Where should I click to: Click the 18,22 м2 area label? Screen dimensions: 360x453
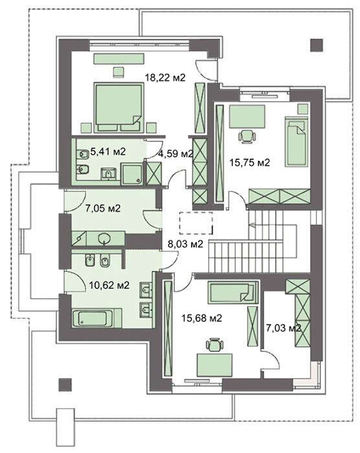[x=165, y=78]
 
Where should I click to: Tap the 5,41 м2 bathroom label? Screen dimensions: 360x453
[x=108, y=151]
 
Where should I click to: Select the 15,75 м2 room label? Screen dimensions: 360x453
[x=249, y=162]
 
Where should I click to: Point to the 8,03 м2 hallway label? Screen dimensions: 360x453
[x=185, y=244]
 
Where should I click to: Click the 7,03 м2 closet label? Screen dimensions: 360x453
[x=284, y=327]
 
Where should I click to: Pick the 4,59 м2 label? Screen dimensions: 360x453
[x=175, y=153]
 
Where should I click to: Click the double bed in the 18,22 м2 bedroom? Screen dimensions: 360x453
[x=119, y=108]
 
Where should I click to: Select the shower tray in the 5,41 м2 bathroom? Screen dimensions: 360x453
[x=132, y=173]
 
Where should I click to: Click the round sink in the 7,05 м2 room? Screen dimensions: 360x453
[x=104, y=239]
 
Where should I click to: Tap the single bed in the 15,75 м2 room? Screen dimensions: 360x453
[x=296, y=142]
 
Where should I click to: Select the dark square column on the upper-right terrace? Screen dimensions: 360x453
[x=317, y=45]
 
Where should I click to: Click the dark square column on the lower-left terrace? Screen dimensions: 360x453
[x=65, y=384]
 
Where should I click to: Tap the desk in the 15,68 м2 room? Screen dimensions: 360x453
[x=214, y=365]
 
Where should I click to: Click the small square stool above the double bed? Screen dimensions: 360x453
[x=118, y=72]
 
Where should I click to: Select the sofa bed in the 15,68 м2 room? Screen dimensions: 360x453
[x=233, y=293]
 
